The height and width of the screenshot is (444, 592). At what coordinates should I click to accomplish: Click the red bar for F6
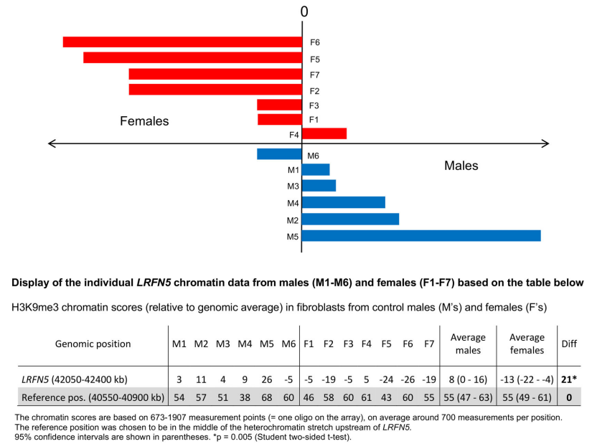pyautogui.click(x=182, y=42)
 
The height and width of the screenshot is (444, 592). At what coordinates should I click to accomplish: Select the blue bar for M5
pyautogui.click(x=421, y=236)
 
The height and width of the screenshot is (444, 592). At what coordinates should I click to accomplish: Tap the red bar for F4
pyautogui.click(x=324, y=133)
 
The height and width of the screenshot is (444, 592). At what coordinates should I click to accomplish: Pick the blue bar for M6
pyautogui.click(x=279, y=154)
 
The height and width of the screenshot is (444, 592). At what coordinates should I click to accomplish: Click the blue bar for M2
pyautogui.click(x=350, y=219)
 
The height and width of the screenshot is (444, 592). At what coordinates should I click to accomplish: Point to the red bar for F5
pyautogui.click(x=192, y=57)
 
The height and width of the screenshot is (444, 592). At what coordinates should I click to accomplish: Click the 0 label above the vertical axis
pyautogui.click(x=304, y=11)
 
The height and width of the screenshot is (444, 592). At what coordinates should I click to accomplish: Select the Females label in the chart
pyautogui.click(x=144, y=121)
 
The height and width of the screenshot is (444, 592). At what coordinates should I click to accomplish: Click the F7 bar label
pyautogui.click(x=314, y=75)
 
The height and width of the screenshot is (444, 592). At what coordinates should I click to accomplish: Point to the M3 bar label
pyautogui.click(x=293, y=186)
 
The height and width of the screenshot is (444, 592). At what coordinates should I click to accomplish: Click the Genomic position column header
pyautogui.click(x=93, y=344)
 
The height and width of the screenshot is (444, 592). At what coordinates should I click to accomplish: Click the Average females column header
pyautogui.click(x=527, y=344)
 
